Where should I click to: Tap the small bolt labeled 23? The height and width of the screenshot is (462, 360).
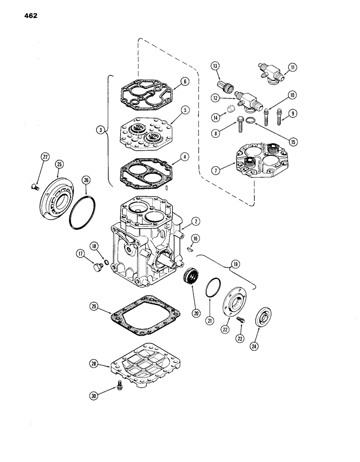pyautogui.click(x=240, y=320)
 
